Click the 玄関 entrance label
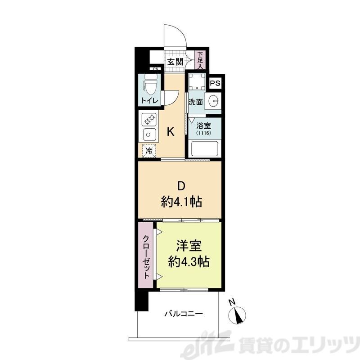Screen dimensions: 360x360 175,63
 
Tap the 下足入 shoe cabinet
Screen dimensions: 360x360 200,60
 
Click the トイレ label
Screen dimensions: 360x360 149,101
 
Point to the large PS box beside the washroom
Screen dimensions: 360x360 216,83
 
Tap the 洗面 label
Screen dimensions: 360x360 195,102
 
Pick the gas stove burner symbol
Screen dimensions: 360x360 149,120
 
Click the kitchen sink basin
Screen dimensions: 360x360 149,135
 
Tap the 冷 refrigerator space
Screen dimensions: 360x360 148,151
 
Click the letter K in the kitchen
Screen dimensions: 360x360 171,132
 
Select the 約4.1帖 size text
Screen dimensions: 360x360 181,202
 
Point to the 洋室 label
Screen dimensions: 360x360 188,247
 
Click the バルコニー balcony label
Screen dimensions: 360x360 183,313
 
